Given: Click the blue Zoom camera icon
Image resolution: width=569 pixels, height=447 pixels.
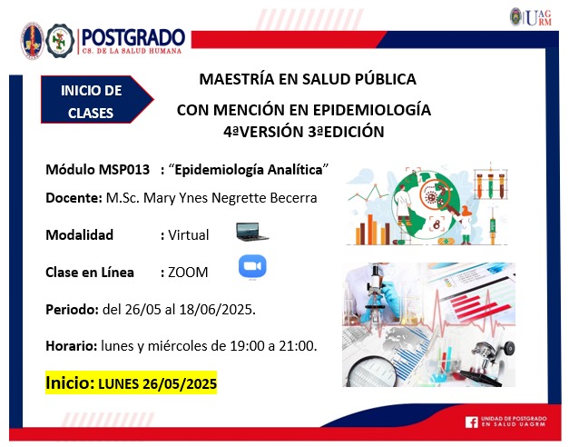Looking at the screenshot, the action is click(252, 266).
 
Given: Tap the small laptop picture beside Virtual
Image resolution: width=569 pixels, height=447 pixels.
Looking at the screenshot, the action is click(252, 232).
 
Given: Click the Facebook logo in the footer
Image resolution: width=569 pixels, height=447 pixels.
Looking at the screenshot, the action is click(471, 422).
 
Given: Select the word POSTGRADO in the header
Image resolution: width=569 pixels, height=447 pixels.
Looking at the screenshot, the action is click(133, 37).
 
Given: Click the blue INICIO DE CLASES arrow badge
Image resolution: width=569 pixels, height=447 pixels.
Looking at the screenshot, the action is click(97, 100).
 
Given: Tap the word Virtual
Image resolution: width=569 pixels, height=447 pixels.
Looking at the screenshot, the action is click(189, 235).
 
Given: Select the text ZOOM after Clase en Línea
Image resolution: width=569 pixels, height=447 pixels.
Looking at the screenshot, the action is click(188, 273).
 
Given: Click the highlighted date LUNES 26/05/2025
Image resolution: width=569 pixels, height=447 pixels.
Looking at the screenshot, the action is click(158, 383).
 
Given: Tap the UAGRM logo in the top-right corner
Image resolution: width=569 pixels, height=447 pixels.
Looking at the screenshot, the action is click(531, 17).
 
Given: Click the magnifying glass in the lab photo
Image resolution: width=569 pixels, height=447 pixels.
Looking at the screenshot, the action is click(370, 372).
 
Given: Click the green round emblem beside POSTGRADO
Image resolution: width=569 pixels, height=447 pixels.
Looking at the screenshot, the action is click(60, 41).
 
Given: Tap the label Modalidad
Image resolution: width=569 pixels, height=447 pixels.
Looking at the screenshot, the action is click(80, 235).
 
